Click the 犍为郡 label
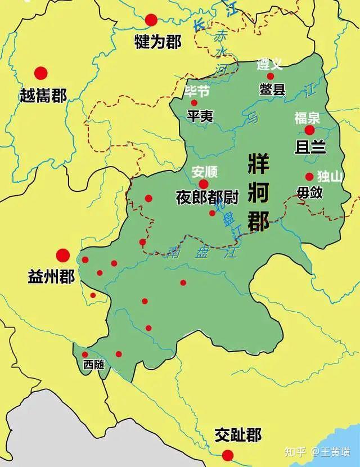157,42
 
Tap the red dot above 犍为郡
151,20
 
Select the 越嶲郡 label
43,95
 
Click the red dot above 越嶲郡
40,73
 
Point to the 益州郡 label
51,277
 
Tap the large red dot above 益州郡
62,255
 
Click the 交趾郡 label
238,435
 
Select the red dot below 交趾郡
227,455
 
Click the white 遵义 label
269,64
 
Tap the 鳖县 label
272,89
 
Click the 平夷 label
200,115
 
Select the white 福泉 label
307,118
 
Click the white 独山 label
330,176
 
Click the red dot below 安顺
204,184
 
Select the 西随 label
94,364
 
